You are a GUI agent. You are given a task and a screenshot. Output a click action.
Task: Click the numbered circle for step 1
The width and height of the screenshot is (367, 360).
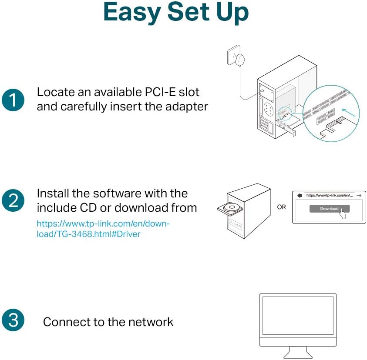point(13,100)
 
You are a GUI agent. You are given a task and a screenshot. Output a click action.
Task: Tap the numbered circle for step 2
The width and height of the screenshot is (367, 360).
point(13,201)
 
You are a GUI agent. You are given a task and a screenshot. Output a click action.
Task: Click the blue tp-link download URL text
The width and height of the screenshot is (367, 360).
point(103,229)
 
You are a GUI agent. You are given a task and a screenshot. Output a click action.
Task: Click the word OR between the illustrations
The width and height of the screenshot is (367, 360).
point(282,207)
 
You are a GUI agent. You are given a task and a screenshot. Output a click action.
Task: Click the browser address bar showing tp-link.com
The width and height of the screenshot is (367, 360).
point(329,196)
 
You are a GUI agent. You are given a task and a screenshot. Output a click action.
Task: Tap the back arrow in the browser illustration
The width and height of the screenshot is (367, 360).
point(299,196)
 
